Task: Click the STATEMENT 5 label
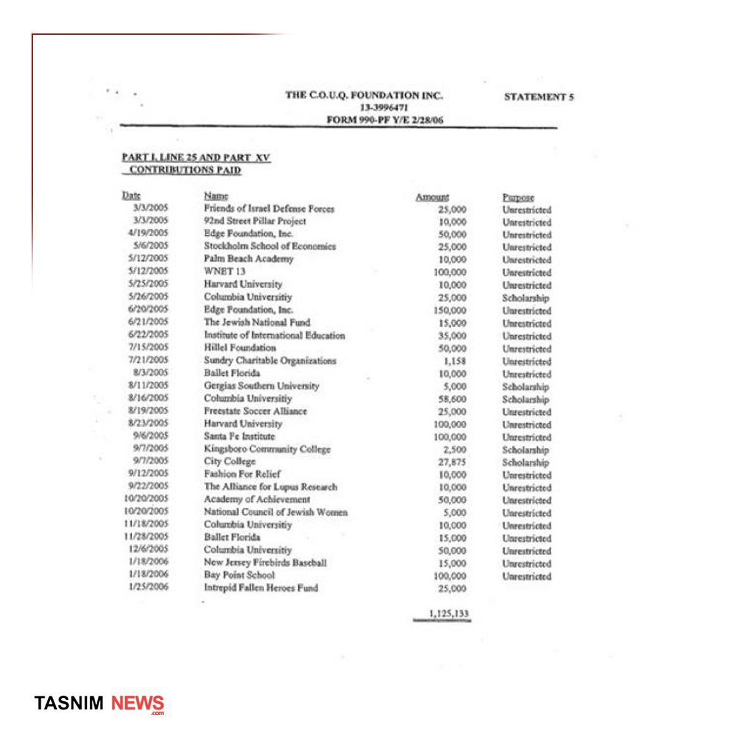coord(539,97)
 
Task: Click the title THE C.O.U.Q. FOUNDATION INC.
coord(364,95)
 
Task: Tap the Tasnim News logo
coord(99,703)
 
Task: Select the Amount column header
coord(432,197)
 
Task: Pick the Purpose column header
coord(518,197)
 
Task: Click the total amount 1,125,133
coord(448,613)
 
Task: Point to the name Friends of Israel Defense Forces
coord(269,208)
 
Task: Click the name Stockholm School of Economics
coord(270,246)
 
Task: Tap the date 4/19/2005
coord(148,233)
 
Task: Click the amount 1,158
coord(455,361)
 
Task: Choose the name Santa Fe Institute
coord(239,436)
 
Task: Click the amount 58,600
coord(452,399)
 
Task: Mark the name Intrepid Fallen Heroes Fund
coord(261,588)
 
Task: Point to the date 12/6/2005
coord(149,549)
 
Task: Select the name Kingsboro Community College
coord(267,449)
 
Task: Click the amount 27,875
coord(452,462)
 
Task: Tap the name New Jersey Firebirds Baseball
coord(265,563)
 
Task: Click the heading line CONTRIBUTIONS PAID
coord(185,170)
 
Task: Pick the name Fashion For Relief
coord(242,474)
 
